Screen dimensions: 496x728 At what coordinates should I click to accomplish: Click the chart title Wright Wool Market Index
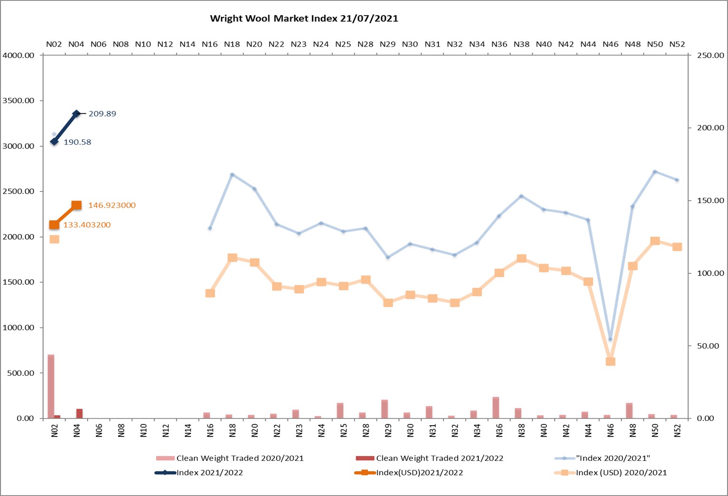tap(304, 19)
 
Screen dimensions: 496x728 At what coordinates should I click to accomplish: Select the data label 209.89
tap(102, 114)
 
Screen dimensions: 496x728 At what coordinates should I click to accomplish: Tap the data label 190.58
tap(77, 142)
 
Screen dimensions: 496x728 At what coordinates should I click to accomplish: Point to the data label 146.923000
tap(112, 205)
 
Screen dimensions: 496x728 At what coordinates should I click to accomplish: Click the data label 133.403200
tap(87, 225)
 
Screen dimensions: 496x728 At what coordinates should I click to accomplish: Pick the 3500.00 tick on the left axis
tap(19, 101)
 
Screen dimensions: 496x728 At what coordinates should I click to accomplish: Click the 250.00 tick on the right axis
tap(710, 56)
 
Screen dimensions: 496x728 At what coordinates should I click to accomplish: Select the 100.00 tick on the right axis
tap(710, 273)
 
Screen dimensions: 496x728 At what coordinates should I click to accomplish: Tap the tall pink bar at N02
tap(51, 386)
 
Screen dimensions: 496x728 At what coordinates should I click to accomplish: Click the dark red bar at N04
tap(79, 413)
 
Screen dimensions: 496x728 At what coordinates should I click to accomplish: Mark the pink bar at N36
tap(496, 408)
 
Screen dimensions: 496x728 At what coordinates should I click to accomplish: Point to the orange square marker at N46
tap(611, 361)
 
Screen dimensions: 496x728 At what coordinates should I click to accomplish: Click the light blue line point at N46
tap(611, 339)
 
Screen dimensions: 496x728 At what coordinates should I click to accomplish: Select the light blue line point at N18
tap(232, 175)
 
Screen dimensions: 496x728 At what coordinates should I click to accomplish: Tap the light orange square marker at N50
tap(655, 241)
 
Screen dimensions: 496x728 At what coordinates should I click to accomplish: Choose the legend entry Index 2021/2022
tap(209, 473)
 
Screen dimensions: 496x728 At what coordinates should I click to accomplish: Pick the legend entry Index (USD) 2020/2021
tap(621, 473)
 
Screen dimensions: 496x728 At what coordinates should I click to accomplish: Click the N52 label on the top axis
tap(677, 44)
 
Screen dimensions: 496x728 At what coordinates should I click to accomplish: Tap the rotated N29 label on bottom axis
tap(388, 430)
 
